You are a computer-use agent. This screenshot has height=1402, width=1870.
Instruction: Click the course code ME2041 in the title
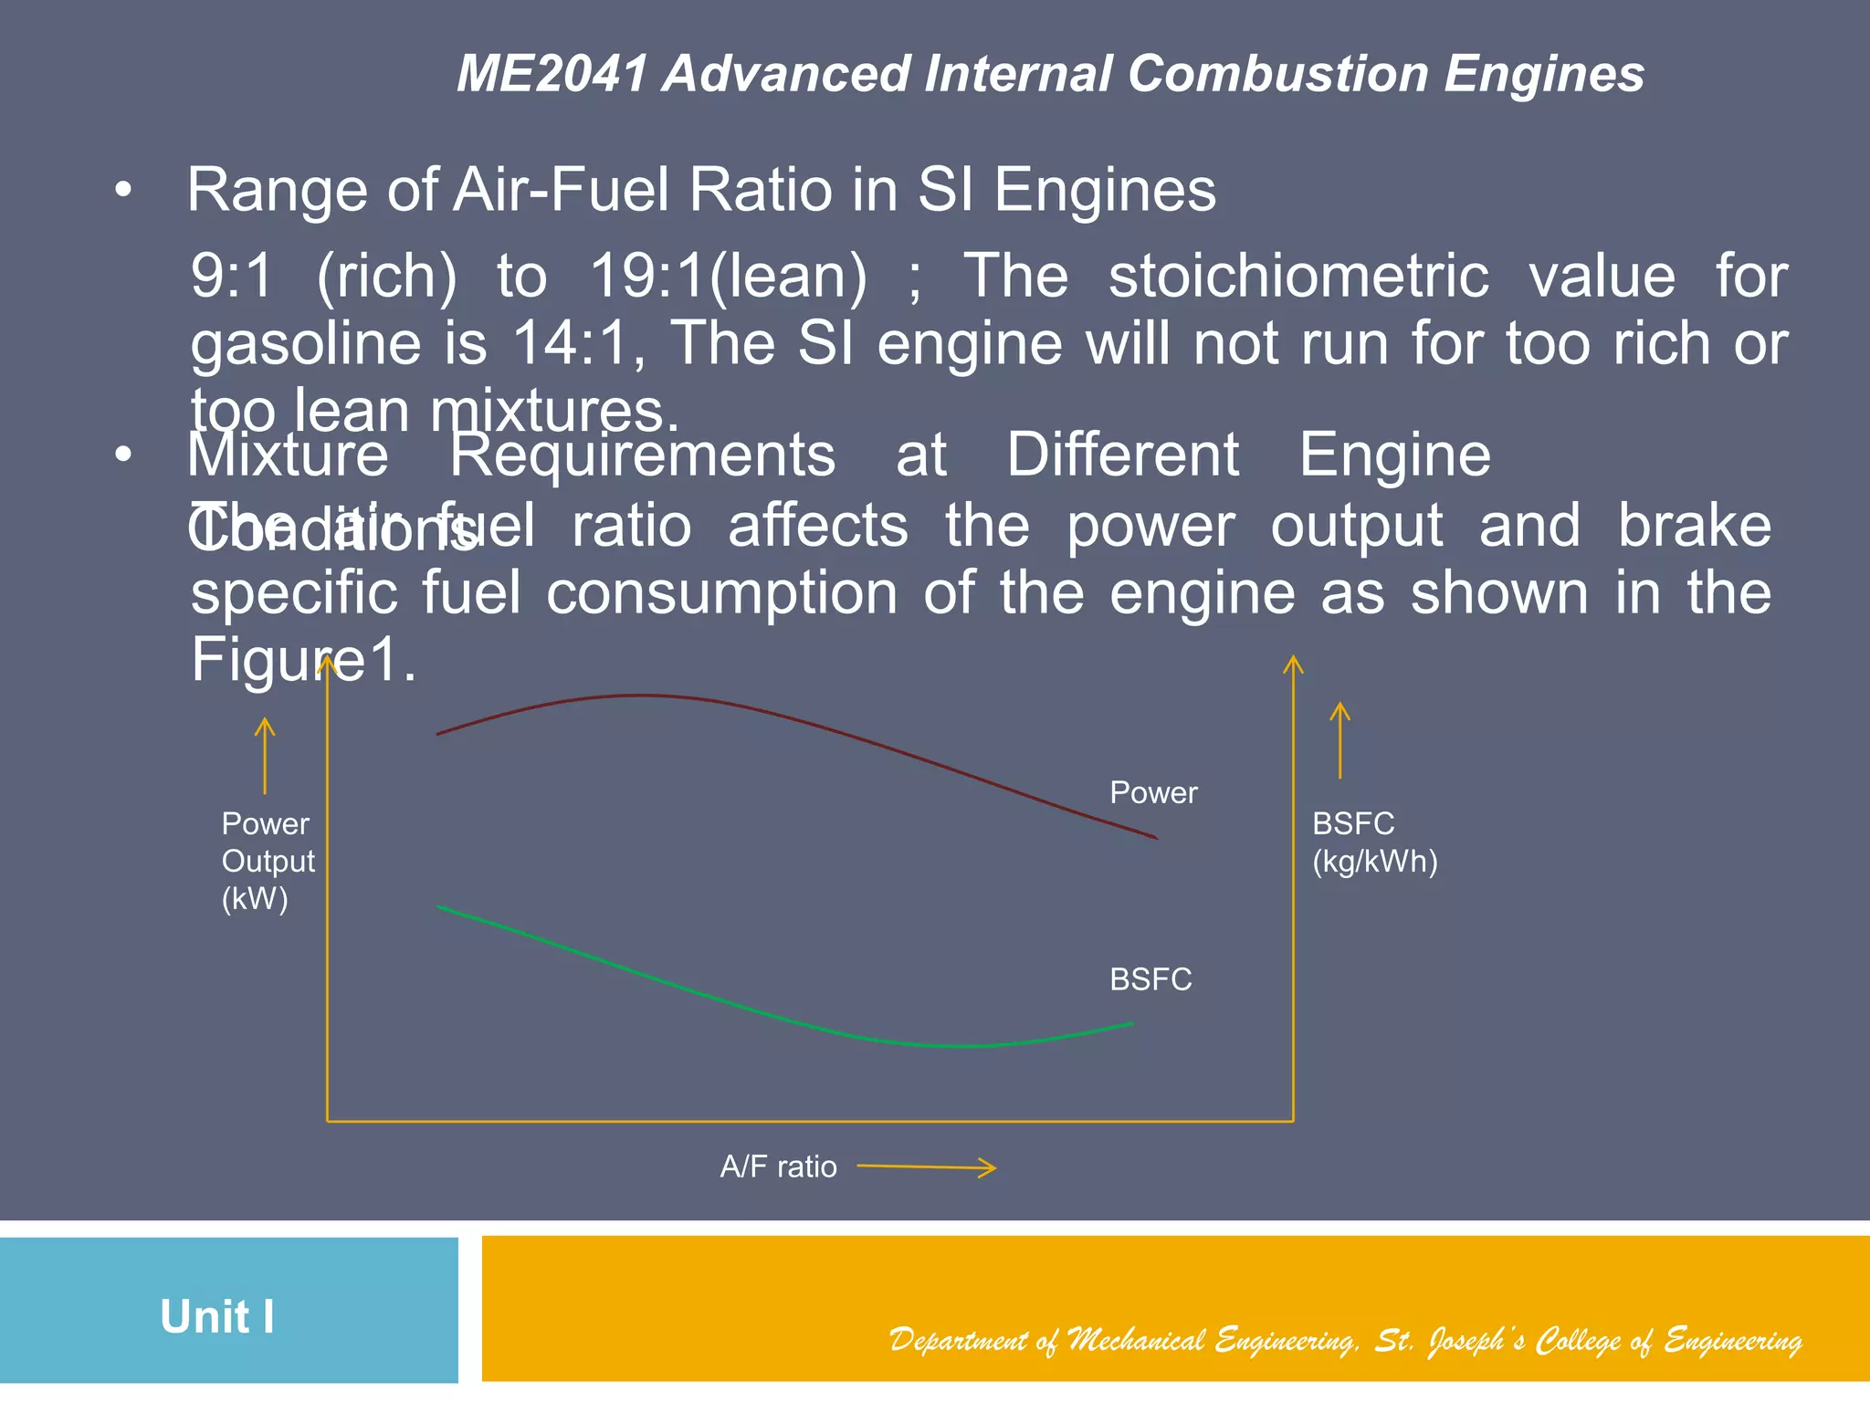pos(552,73)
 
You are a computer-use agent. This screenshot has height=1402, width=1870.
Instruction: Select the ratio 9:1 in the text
pos(232,276)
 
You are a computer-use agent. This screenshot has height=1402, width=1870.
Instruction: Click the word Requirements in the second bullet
pos(642,455)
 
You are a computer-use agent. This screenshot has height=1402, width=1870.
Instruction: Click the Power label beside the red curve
pos(1153,792)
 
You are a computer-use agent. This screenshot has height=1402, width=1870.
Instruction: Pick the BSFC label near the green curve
pos(1150,979)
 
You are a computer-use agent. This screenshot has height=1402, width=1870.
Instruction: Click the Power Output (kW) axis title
pos(267,861)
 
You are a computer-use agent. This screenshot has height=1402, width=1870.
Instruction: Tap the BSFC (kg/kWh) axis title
pos(1374,842)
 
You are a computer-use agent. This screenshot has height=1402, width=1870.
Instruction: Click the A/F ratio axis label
pos(778,1167)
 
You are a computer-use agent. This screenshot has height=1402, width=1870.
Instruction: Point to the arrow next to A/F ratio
pos(927,1167)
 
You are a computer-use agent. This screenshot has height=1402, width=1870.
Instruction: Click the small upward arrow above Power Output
pos(265,755)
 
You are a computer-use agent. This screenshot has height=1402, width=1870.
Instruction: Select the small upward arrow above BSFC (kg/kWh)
pos(1339,739)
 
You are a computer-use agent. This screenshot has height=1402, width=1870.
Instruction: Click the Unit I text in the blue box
pos(217,1316)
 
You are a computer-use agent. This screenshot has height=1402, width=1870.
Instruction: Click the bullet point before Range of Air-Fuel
pos(124,191)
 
